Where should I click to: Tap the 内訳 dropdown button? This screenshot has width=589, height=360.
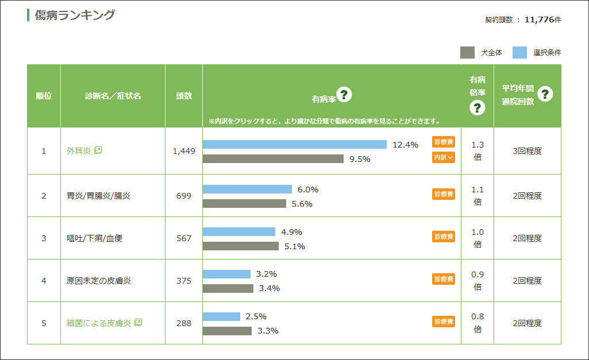point(444,157)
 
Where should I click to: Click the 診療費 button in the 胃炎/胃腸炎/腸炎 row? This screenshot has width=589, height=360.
point(444,194)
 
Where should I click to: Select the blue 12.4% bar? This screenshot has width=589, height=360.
point(295,144)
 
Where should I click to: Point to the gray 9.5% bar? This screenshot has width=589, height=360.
point(273,159)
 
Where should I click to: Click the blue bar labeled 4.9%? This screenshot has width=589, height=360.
point(239,232)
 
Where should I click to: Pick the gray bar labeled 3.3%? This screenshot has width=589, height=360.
point(227,331)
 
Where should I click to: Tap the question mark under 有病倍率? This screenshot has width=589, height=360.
point(478,108)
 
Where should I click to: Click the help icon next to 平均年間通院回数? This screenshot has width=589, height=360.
point(545,94)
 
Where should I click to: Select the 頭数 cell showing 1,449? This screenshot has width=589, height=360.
point(184,151)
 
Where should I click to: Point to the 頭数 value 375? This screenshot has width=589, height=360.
point(184,281)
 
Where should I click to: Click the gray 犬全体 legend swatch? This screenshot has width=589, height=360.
point(467,53)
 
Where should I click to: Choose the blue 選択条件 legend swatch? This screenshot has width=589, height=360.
point(519,53)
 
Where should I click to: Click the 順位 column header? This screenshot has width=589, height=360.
point(44,96)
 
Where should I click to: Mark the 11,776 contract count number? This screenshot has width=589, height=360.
point(539,20)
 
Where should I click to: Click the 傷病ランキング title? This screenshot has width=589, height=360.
point(75,16)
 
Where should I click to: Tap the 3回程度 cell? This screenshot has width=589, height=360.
point(527,151)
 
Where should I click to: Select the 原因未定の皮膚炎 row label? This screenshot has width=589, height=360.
point(99,281)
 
